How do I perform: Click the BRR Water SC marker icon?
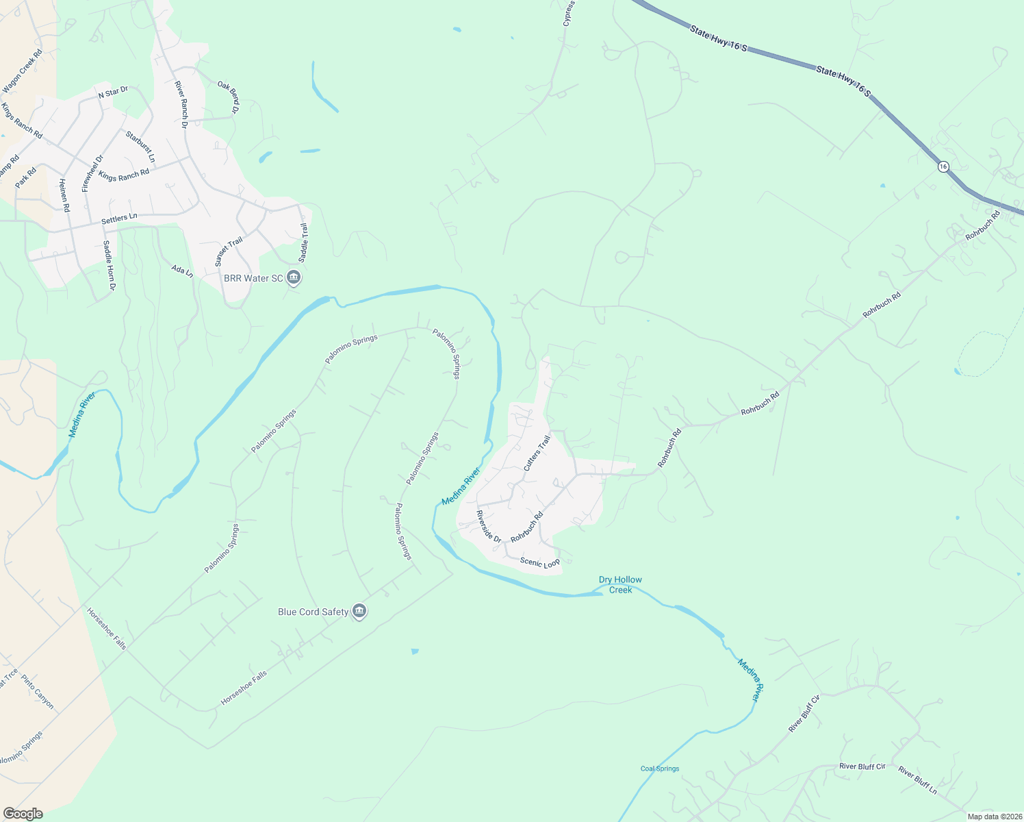click(x=294, y=278)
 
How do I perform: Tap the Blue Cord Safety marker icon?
click(x=359, y=612)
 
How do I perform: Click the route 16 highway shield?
click(x=943, y=166)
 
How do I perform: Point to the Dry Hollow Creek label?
click(x=620, y=584)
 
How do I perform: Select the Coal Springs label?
click(x=660, y=769)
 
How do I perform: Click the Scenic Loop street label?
click(x=539, y=562)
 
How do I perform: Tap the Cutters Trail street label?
click(x=537, y=453)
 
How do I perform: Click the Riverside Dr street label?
click(x=489, y=527)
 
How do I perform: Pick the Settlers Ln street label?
click(x=119, y=219)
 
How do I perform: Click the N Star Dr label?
click(x=113, y=92)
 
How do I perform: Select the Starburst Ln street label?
click(x=140, y=147)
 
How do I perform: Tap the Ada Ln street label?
click(x=182, y=271)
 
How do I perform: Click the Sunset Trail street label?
click(x=229, y=251)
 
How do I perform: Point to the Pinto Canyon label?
click(x=37, y=692)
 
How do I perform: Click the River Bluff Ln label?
click(x=917, y=780)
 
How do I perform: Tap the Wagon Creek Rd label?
click(x=23, y=71)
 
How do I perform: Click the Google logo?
click(x=22, y=814)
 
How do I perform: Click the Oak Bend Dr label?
click(x=229, y=97)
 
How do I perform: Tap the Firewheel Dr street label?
click(x=92, y=173)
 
